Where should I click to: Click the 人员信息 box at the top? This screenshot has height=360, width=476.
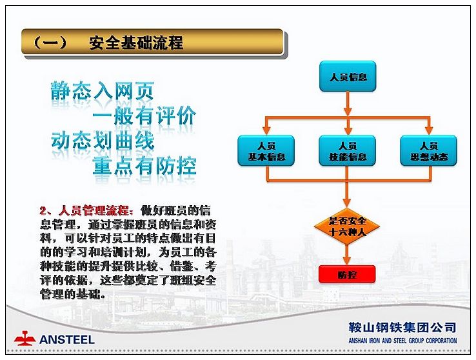coord(348,76)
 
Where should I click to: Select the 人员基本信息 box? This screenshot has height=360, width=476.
coord(266,150)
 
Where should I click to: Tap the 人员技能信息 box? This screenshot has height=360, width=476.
coord(348,150)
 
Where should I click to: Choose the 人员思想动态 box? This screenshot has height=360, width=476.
coord(429,150)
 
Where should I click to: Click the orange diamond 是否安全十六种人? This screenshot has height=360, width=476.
coord(347,226)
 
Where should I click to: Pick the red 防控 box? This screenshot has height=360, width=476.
coord(347,274)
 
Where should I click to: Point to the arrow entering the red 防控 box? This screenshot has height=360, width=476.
coord(347,255)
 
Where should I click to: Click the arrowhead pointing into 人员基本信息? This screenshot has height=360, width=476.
coord(266,131)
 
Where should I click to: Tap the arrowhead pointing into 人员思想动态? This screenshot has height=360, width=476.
coord(429,131)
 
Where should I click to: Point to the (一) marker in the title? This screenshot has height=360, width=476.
coord(50,42)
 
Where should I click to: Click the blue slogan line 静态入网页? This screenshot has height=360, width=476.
coord(103,91)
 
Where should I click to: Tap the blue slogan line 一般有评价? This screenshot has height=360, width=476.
coord(144,115)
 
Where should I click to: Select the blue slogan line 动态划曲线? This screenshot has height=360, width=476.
coord(103,141)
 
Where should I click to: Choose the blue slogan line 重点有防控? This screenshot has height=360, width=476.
coord(144,166)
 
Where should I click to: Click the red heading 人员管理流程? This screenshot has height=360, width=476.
coord(94,210)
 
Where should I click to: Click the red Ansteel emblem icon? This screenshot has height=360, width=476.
coord(25,338)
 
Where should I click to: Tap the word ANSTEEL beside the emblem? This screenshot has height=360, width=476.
coord(67,339)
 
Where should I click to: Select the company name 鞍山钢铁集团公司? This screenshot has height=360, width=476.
coord(402,328)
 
